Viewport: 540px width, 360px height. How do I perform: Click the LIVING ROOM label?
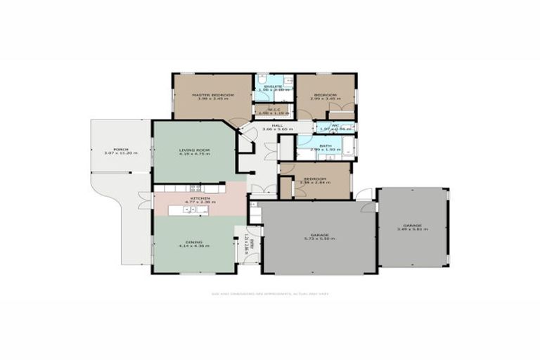pyautogui.click(x=191, y=150)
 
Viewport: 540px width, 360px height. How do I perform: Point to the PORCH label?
pyautogui.click(x=120, y=149)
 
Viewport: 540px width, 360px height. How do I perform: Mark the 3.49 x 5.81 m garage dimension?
pyautogui.click(x=412, y=229)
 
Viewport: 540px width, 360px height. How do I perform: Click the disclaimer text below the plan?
pyautogui.click(x=270, y=294)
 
